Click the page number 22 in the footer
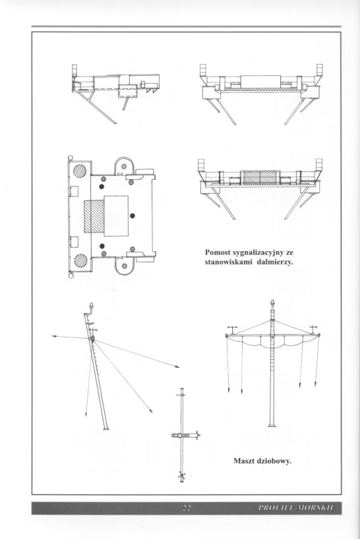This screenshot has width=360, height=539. coord(187,508)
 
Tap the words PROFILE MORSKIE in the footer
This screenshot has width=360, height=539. coord(297,508)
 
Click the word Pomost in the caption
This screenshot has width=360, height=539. coord(218,252)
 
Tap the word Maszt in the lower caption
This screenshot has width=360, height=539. coord(244,461)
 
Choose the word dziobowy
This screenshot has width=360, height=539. coord(274,461)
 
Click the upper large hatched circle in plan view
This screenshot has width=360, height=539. coord(80,171)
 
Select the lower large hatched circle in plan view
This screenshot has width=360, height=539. coord(80,260)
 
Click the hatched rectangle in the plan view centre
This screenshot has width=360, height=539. coord(94,217)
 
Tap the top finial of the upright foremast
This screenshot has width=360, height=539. coord(272,304)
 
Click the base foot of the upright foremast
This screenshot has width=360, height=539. coord(272,426)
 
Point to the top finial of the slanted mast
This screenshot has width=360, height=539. coord(91,305)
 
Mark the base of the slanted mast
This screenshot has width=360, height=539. coord(106,429)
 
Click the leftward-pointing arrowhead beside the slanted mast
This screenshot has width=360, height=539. coord(54,336)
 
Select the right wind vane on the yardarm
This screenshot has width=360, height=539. coord(313,327)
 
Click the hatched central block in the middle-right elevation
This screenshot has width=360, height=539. coord(260,178)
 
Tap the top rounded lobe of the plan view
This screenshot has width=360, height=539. coord(124,158)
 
